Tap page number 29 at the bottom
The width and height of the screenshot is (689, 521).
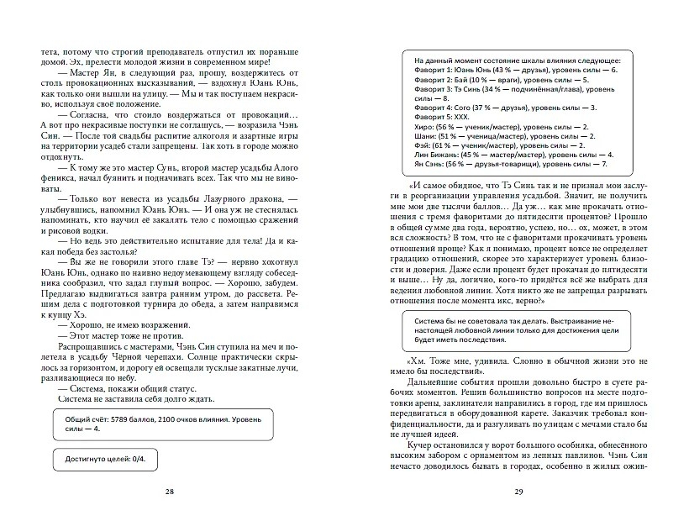(x=522, y=492)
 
